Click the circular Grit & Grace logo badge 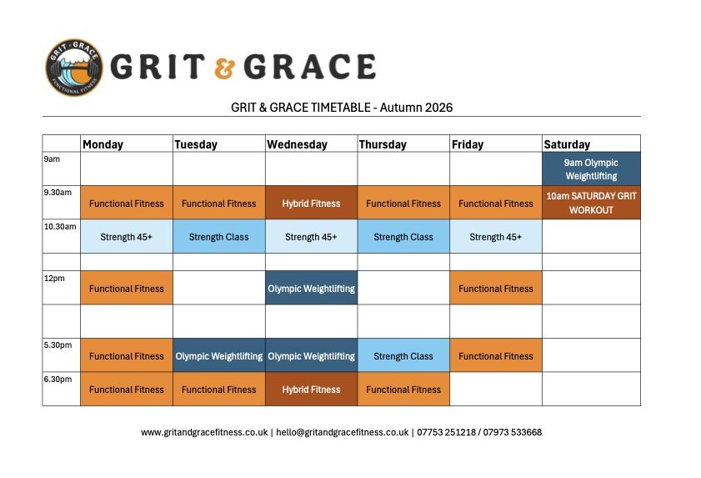click(x=74, y=67)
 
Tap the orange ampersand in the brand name click(x=224, y=68)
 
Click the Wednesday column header click(x=297, y=144)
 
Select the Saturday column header click(x=567, y=144)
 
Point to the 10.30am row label click(x=60, y=226)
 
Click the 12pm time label click(x=54, y=279)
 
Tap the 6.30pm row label click(x=58, y=379)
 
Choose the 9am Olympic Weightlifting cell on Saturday click(x=591, y=169)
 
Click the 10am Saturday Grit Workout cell click(x=591, y=203)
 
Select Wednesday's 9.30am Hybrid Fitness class click(x=311, y=203)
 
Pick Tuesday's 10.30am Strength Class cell click(x=218, y=236)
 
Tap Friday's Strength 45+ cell click(x=496, y=236)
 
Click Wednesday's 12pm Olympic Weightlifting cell click(x=311, y=288)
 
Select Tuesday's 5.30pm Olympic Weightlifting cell click(x=218, y=355)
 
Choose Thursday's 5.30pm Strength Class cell click(x=403, y=355)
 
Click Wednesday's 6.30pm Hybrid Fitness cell click(x=311, y=389)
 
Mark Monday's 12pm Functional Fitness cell click(x=127, y=288)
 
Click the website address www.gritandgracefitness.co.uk click(x=204, y=432)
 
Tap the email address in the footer click(x=343, y=432)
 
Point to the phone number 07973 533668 click(x=513, y=432)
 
